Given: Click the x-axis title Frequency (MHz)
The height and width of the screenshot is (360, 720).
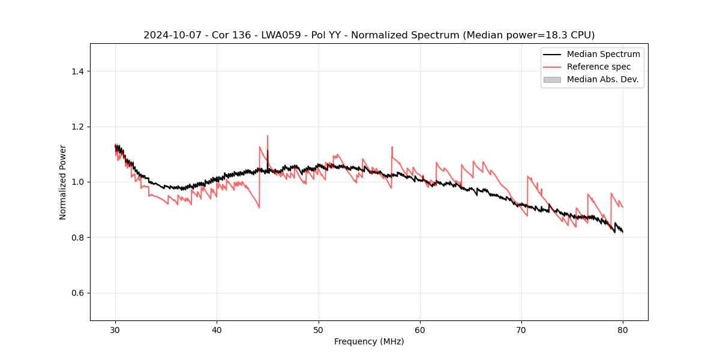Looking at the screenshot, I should pyautogui.click(x=369, y=341).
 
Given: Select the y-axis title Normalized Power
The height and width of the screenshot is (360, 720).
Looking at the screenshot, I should pyautogui.click(x=63, y=182).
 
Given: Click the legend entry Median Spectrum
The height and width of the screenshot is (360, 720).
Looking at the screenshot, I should pyautogui.click(x=603, y=54).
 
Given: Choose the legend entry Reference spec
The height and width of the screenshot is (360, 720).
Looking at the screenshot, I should pyautogui.click(x=599, y=67).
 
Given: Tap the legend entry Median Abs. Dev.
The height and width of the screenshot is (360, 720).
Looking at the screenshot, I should pyautogui.click(x=602, y=79).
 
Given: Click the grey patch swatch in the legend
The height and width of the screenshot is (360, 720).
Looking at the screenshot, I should pyautogui.click(x=552, y=79).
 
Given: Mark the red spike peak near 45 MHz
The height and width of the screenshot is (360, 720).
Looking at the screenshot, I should pyautogui.click(x=268, y=136).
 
